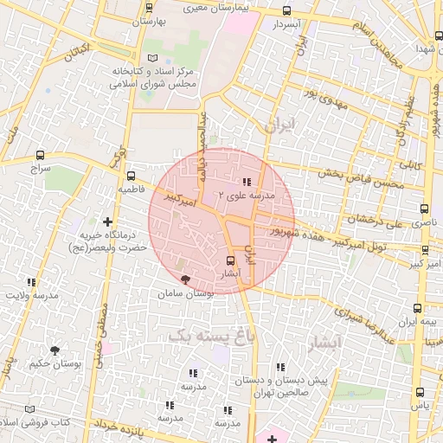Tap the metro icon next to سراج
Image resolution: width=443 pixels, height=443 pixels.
pos(40,155)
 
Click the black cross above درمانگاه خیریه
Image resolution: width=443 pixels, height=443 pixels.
pos(107,221)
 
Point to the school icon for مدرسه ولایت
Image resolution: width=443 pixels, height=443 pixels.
pos(31,282)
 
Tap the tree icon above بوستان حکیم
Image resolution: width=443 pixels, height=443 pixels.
pos(55,350)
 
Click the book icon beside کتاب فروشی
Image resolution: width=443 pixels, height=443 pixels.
pos(33,408)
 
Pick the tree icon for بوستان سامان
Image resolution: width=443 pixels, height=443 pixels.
pos(183,279)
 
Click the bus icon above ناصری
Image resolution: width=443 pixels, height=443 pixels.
pos(424,209)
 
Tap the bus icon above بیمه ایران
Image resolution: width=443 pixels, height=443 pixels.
pos(418,307)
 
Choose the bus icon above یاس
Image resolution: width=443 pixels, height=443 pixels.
pos(421,391)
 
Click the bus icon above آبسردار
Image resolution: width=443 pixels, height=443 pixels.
pos(286,10)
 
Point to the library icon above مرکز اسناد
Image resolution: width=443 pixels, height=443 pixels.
pos(154,57)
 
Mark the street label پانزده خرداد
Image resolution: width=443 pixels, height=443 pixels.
pos(111,424)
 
